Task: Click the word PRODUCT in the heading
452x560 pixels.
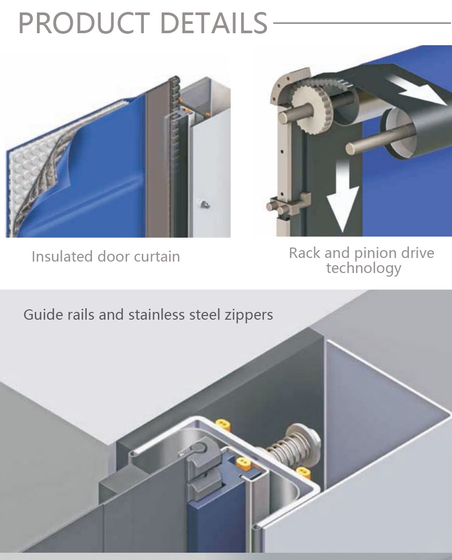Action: [x=84, y=23]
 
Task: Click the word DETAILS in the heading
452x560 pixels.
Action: [x=214, y=23]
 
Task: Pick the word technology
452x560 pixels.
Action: [x=363, y=268]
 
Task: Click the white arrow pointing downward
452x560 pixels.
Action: [x=342, y=200]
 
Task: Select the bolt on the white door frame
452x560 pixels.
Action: [x=204, y=204]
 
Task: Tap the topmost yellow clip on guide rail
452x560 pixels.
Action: [x=223, y=425]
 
